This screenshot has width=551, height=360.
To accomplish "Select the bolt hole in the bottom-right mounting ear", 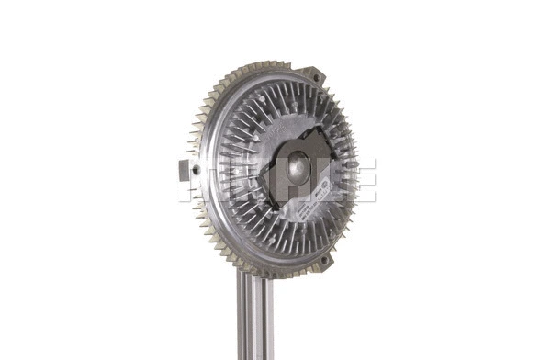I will tap(322, 262).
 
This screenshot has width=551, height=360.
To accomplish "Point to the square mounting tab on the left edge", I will tap(186, 169).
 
